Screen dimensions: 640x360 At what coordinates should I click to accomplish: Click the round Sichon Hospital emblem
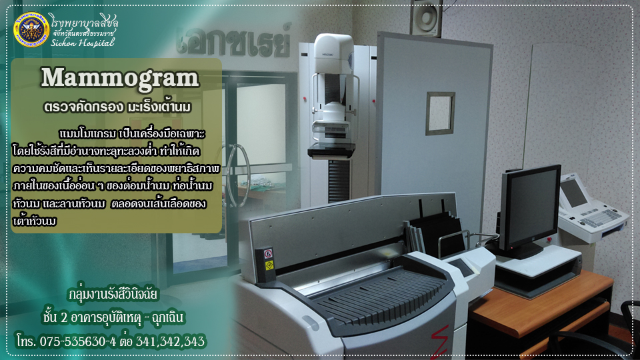click(x=31, y=30)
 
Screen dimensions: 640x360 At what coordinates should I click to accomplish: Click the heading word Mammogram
click(x=119, y=77)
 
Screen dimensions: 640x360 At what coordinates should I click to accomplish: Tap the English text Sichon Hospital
click(x=83, y=43)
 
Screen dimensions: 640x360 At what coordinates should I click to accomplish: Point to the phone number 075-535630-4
click(x=77, y=341)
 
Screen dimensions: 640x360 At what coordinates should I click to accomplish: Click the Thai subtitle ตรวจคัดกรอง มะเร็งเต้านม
click(x=117, y=107)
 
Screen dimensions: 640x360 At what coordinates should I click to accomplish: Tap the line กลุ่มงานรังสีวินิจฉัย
click(x=113, y=294)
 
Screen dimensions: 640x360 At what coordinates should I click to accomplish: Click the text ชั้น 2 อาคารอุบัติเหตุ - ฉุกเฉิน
click(x=113, y=317)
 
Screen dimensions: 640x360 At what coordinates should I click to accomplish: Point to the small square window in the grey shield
click(x=440, y=113)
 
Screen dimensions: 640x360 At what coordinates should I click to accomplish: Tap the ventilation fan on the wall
click(x=426, y=17)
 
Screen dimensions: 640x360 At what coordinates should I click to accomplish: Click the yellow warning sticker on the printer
click(x=269, y=266)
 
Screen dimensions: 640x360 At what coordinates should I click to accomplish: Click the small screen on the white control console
click(x=573, y=193)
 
